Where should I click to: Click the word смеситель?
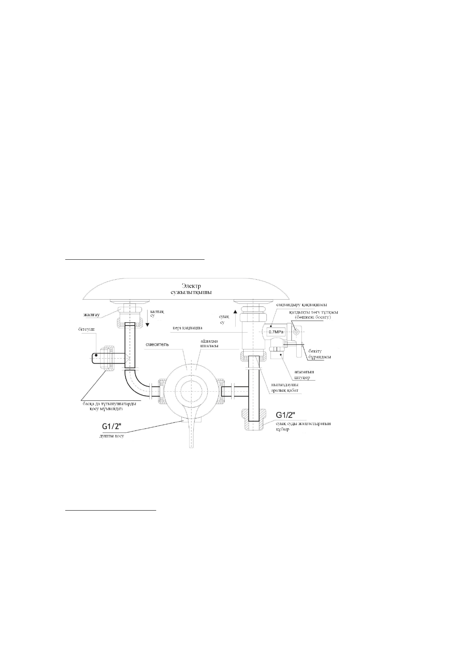click(157, 344)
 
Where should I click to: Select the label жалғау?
click(92, 315)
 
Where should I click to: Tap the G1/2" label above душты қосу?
click(110, 426)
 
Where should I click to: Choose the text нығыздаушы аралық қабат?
click(285, 387)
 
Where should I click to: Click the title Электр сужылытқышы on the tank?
click(196, 289)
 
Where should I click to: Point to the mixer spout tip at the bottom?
click(191, 445)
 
